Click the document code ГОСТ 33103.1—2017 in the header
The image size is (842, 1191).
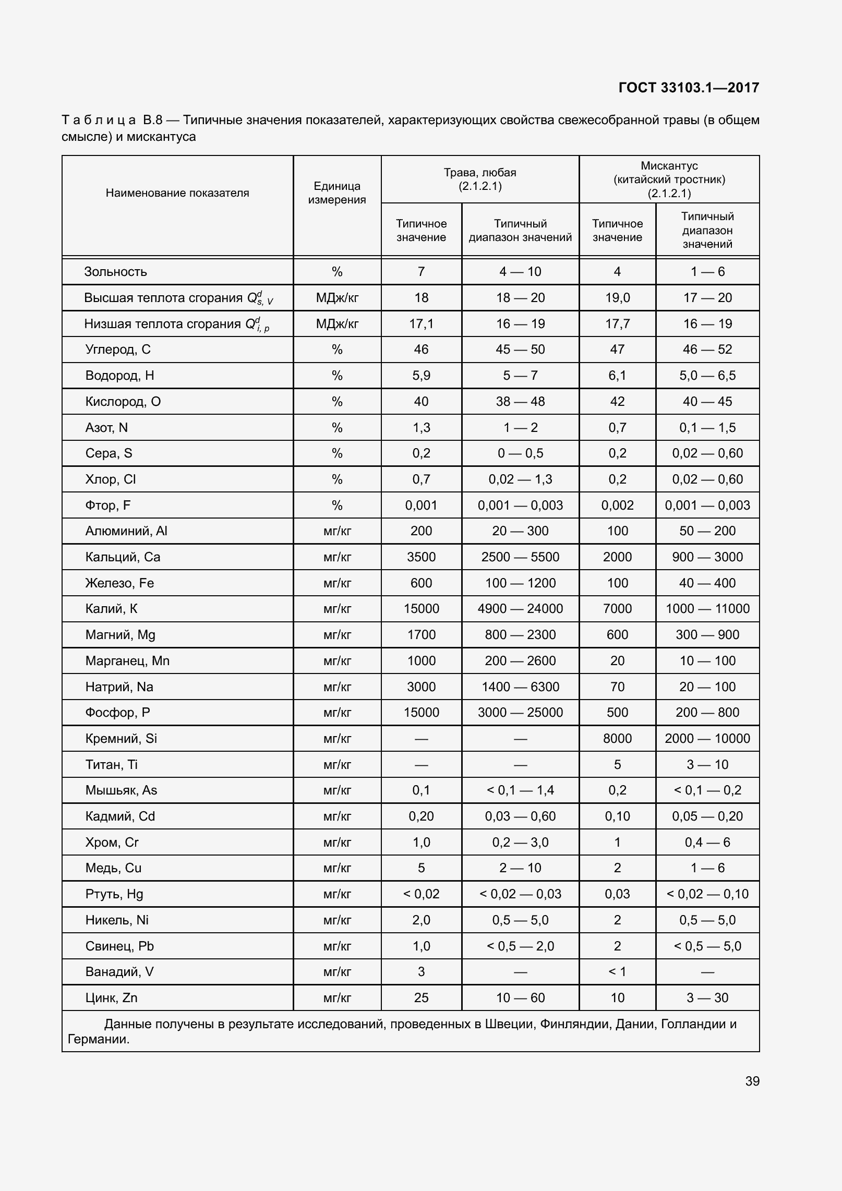[688, 88]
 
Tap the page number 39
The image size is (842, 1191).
[752, 1081]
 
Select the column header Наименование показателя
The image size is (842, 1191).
[177, 193]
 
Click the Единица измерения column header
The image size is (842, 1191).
[337, 193]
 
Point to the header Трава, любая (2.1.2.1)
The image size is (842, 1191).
[480, 179]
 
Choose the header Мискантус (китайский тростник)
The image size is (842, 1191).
[669, 179]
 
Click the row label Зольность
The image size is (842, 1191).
[116, 272]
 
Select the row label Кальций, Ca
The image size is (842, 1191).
[123, 557]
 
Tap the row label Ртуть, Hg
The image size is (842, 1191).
[114, 894]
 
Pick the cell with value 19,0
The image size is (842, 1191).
[617, 298]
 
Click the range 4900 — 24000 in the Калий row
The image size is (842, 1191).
[520, 609]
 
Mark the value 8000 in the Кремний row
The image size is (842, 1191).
[617, 739]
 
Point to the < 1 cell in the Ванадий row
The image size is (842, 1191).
[617, 972]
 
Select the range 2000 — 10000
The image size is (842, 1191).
[707, 739]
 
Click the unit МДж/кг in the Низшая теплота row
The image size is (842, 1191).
[337, 324]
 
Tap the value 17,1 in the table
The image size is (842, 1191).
[421, 324]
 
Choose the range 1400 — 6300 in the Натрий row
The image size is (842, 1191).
[520, 687]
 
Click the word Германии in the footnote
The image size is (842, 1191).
[98, 1039]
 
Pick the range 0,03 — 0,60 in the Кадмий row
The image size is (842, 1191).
[520, 816]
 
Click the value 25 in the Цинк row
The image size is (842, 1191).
[421, 998]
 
